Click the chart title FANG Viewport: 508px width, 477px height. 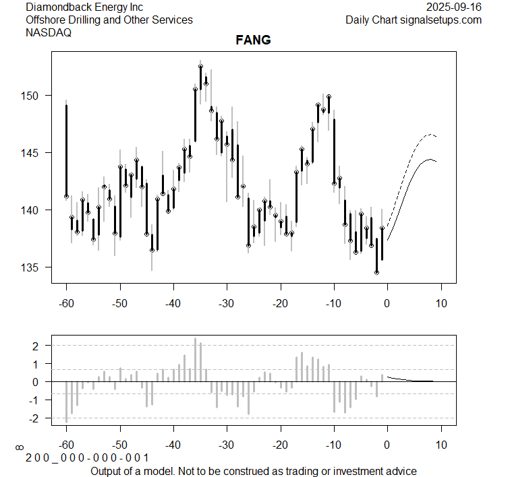point(253,40)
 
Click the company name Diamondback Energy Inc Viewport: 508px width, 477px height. point(84,7)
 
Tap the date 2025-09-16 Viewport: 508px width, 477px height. point(454,7)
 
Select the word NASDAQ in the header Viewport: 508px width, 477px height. point(49,32)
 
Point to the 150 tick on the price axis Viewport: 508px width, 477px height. point(34,96)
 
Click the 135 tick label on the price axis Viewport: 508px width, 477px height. point(34,267)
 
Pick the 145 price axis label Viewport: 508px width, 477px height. point(34,153)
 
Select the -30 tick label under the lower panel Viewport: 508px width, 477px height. point(227,445)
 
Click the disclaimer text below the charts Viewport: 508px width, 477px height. point(253,470)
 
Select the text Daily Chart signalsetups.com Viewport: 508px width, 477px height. point(414,20)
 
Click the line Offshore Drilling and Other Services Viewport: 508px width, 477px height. point(109,20)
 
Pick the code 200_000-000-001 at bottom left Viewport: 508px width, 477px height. point(88,458)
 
